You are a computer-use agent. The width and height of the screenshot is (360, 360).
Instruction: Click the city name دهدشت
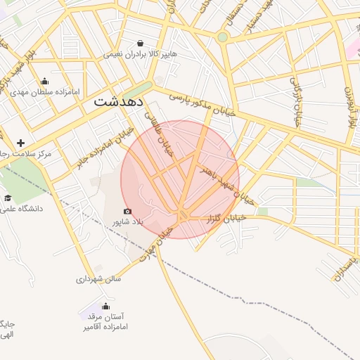click(117, 102)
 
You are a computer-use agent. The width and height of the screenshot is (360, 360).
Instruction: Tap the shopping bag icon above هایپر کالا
click(141, 42)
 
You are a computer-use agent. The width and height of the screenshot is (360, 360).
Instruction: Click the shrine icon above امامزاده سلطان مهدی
click(45, 81)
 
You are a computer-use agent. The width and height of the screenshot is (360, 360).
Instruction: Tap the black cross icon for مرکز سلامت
click(20, 143)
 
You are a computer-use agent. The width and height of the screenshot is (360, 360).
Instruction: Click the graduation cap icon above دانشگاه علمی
click(8, 198)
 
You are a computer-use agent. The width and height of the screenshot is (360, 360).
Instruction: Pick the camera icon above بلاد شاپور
click(127, 211)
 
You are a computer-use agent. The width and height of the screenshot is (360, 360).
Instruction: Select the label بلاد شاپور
click(128, 222)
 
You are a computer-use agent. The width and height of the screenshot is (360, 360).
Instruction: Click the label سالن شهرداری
click(99, 279)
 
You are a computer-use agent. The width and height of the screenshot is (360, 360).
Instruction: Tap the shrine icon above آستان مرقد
click(105, 306)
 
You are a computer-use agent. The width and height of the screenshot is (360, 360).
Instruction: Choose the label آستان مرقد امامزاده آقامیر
click(104, 322)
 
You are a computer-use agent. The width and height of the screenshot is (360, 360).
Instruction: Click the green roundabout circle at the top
click(223, 37)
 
